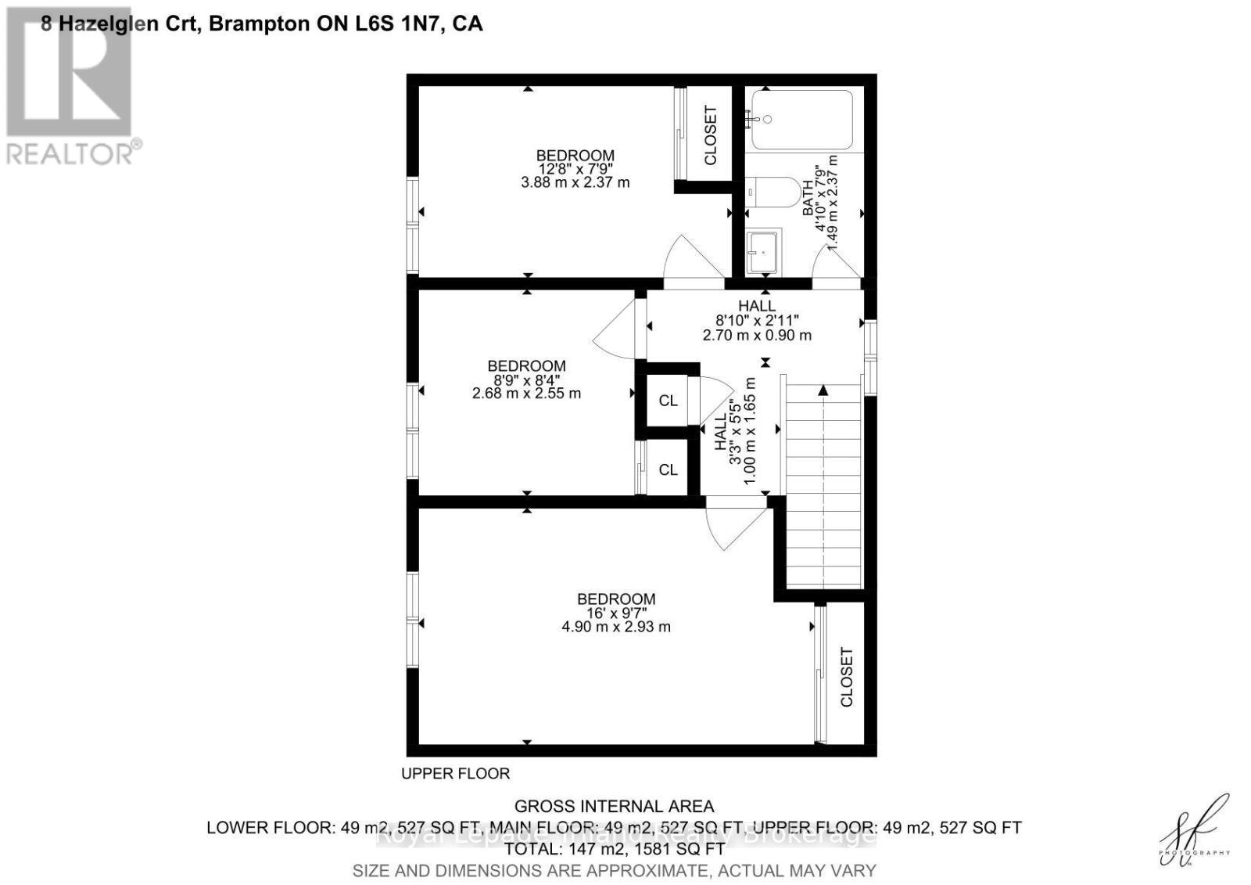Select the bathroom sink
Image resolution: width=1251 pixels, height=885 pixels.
click(x=762, y=252)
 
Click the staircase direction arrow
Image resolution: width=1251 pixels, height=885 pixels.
click(x=823, y=390)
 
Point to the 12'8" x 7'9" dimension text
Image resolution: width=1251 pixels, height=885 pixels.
click(x=575, y=168)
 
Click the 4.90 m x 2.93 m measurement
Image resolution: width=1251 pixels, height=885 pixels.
click(x=616, y=627)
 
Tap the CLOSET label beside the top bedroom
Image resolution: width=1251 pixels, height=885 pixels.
click(x=710, y=135)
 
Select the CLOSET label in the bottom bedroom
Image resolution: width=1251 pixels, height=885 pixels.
click(x=846, y=677)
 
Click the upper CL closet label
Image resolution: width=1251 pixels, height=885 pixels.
click(x=668, y=401)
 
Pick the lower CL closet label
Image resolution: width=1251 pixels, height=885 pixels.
click(x=668, y=469)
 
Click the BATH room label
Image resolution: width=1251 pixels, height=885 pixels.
click(x=808, y=199)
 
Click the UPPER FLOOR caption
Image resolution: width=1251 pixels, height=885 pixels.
click(x=455, y=773)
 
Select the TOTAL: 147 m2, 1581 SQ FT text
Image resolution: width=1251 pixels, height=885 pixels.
click(x=614, y=848)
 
